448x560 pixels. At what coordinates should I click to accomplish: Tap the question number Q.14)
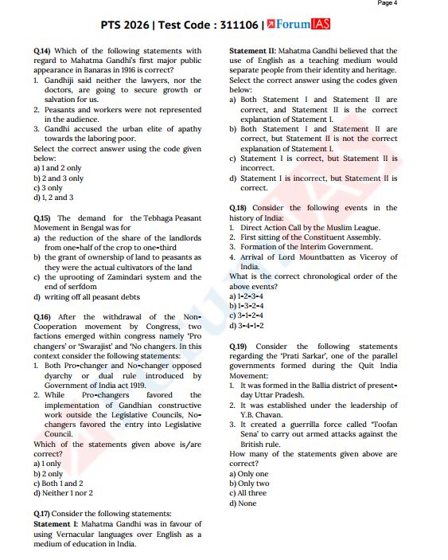coord(42,52)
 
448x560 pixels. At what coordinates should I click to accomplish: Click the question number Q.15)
coord(42,218)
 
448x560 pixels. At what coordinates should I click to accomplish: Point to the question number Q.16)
coord(42,317)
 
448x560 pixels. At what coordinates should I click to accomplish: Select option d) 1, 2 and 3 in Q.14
coord(54,198)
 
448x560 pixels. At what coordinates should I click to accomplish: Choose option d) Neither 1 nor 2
coord(63,492)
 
